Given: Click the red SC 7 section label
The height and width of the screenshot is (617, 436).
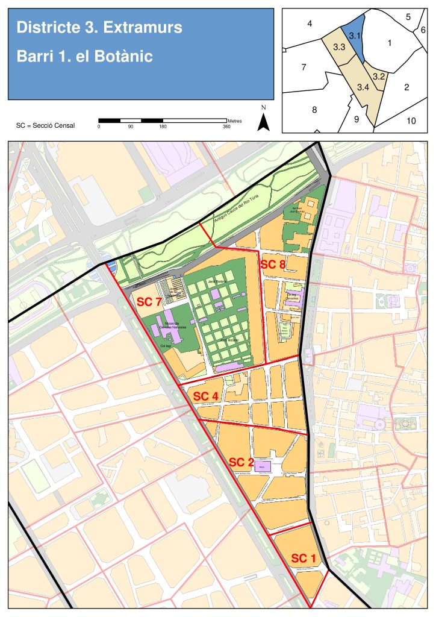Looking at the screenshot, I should [x=149, y=302].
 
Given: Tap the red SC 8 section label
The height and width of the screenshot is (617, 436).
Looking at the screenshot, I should [x=272, y=264].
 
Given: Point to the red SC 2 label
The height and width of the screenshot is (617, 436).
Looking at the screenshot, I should [x=241, y=462].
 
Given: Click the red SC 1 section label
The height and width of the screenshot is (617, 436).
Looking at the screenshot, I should [x=304, y=558].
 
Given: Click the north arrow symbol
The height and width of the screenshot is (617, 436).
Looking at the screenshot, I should [x=263, y=121].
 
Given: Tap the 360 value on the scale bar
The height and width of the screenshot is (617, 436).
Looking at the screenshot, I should [x=226, y=127].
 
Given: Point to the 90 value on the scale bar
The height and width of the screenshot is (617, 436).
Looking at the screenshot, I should [x=130, y=127].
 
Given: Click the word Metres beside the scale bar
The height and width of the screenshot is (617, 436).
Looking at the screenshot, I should [x=235, y=121].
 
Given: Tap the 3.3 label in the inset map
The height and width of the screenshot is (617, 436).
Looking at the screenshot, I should [x=338, y=47].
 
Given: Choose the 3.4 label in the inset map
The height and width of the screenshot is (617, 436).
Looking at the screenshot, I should [x=363, y=87].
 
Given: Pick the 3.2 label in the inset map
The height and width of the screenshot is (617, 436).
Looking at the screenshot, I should [x=379, y=77].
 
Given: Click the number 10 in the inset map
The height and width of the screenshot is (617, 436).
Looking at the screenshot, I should [x=411, y=121].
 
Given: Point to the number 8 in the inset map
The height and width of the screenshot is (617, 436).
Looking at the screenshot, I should [x=314, y=110].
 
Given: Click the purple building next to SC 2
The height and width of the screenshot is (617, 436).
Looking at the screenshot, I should [x=263, y=466].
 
